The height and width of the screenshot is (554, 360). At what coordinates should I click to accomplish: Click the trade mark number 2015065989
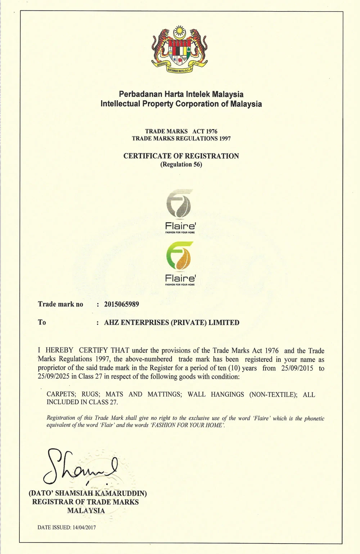pyautogui.click(x=121, y=304)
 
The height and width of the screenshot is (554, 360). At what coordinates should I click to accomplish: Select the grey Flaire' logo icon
pyautogui.click(x=179, y=205)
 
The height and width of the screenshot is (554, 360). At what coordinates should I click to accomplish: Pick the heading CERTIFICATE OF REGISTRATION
pyautogui.click(x=181, y=156)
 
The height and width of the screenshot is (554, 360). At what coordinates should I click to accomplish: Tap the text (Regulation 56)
pyautogui.click(x=181, y=165)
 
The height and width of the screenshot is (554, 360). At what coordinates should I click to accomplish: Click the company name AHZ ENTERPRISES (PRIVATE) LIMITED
pyautogui.click(x=172, y=323)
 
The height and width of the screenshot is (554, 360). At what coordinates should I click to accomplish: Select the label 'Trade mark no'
pyautogui.click(x=60, y=304)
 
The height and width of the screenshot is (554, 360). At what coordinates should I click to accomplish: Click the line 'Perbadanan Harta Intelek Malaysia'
pyautogui.click(x=181, y=94)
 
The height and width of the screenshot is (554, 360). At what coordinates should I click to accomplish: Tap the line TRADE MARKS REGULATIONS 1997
pyautogui.click(x=181, y=139)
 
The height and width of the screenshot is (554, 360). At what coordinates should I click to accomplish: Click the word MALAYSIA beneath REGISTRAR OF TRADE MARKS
pyautogui.click(x=86, y=510)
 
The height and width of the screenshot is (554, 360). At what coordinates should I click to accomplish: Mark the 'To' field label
pyautogui.click(x=42, y=322)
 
